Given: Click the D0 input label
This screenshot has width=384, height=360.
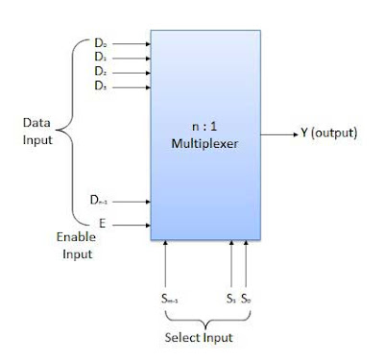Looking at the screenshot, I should (x=101, y=42).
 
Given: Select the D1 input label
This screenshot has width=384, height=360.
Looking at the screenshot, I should (x=101, y=57).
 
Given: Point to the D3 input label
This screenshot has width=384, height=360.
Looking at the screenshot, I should (x=101, y=84).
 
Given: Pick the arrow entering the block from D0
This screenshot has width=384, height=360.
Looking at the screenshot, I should (x=133, y=42).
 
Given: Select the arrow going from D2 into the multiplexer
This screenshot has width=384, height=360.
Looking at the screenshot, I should (x=133, y=70).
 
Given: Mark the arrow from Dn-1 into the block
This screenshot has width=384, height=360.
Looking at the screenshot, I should (x=133, y=202).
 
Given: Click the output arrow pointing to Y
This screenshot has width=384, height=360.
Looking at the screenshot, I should (x=279, y=132).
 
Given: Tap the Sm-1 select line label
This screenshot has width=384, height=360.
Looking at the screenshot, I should (x=168, y=298).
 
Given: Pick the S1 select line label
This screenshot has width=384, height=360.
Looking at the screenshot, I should (x=231, y=298).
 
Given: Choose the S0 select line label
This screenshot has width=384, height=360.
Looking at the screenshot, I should (x=247, y=298).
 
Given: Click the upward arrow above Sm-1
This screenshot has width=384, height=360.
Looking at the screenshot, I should (x=168, y=264).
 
